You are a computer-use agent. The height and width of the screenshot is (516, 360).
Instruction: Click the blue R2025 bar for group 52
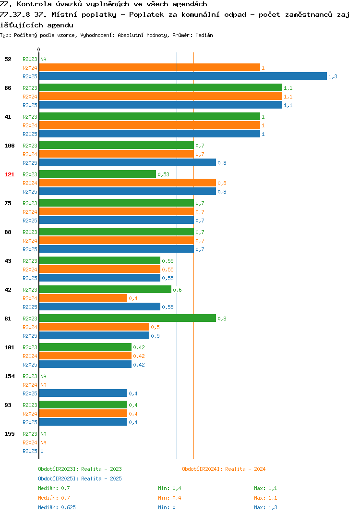coord(183,76)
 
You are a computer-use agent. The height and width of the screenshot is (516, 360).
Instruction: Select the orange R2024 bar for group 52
coord(150,67)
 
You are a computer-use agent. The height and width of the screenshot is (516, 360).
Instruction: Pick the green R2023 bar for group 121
coord(97,174)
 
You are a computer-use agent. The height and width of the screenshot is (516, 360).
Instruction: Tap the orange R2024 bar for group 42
coord(83,298)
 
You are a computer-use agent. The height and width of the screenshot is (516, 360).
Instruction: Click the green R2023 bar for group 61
coord(128,318)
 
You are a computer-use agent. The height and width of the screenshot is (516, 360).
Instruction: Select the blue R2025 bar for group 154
coord(83,393)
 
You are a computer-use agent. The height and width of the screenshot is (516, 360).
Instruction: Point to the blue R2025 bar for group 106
coord(128,162)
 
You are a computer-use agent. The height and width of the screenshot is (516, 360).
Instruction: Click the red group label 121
coord(10,174)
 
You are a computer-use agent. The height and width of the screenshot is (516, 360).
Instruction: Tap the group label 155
coord(10,434)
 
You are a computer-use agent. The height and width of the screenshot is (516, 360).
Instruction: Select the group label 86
coord(8,88)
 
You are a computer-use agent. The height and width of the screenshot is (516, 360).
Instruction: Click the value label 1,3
coord(333,76)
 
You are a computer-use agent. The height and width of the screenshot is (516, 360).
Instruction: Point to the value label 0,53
coord(163,174)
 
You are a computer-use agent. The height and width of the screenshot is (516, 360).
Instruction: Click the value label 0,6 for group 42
coord(177,290)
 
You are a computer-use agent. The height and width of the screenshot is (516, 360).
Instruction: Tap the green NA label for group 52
coord(43,59)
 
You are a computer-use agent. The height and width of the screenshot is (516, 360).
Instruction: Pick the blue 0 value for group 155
coord(42,451)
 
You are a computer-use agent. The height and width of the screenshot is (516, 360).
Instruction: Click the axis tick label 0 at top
coord(38,49)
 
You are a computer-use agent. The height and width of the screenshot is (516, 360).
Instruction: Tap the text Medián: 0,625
coord(57,507)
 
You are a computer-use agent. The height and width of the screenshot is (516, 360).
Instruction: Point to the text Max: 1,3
coord(265,507)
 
